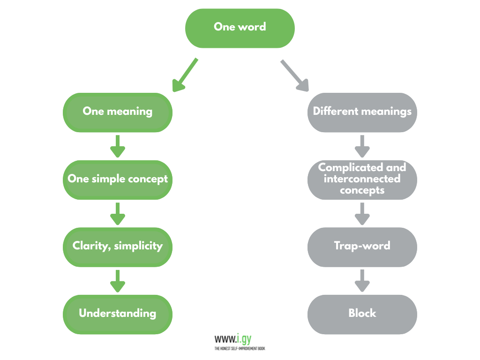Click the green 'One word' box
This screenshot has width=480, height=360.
pos(240,28)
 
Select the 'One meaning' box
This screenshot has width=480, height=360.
pos(118,112)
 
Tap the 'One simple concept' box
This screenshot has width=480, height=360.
pos(118,180)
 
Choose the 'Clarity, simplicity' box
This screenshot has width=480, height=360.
pos(118,247)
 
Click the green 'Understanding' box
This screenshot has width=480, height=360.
pos(118,314)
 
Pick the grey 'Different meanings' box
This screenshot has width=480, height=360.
pos(362,112)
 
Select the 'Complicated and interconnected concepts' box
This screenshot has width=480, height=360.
pos(362,180)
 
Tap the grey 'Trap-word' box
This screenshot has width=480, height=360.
pos(362,247)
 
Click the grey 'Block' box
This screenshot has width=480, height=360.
pos(362,314)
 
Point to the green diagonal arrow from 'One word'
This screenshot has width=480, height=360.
pos(185,75)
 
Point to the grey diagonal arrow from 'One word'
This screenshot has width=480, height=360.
pos(295,75)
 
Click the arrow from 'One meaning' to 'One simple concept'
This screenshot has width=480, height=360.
pos(118,146)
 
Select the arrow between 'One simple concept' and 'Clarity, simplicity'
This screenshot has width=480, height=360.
pos(118,213)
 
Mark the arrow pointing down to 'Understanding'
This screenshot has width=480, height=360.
pos(118,280)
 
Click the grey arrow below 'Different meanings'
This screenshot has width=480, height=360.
pos(362,146)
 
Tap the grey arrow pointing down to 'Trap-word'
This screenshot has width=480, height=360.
pos(362,213)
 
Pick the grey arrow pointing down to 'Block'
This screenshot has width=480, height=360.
pos(362,280)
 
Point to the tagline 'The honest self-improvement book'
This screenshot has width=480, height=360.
pos(240,348)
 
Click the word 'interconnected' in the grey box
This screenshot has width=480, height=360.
pos(362,179)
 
